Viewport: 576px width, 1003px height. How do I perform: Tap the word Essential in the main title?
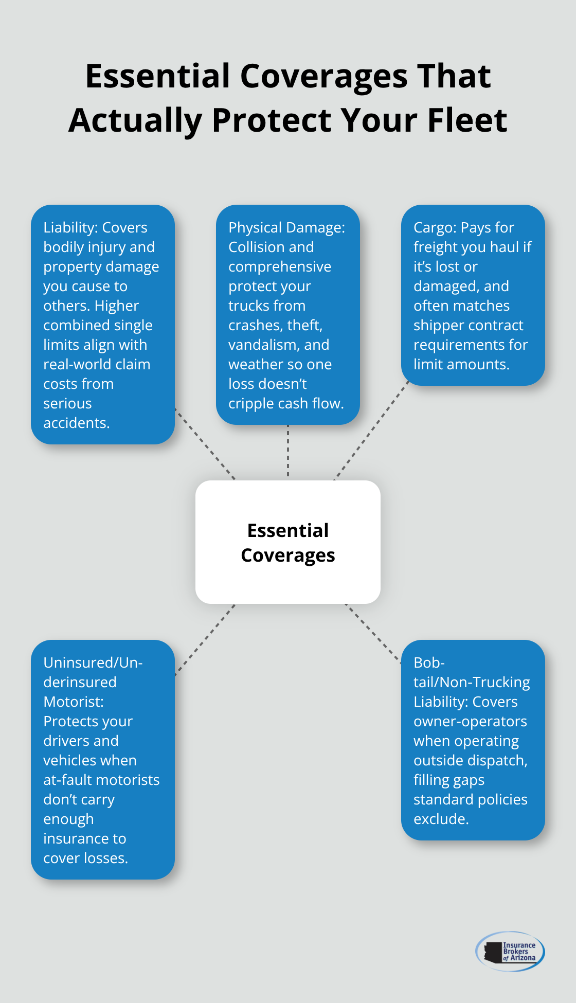[157, 76]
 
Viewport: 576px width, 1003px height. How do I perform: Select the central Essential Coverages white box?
[288, 542]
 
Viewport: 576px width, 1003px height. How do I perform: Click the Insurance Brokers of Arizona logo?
[510, 951]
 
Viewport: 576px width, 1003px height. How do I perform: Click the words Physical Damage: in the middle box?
[286, 227]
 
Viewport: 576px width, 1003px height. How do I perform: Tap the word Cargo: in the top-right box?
[435, 227]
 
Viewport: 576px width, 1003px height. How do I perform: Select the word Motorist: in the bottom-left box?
[74, 702]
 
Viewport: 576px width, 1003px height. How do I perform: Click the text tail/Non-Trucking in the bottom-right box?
[472, 682]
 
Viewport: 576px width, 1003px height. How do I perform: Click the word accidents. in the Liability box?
[76, 423]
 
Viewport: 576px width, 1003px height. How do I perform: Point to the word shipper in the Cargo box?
[439, 325]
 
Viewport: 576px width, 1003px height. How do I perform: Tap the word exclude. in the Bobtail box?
[441, 819]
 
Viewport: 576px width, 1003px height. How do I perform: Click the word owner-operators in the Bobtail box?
[470, 721]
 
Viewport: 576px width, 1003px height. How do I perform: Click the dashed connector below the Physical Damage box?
[288, 452]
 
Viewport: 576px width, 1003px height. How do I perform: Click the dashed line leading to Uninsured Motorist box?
[205, 640]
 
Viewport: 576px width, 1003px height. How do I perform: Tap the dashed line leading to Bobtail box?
[373, 633]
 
